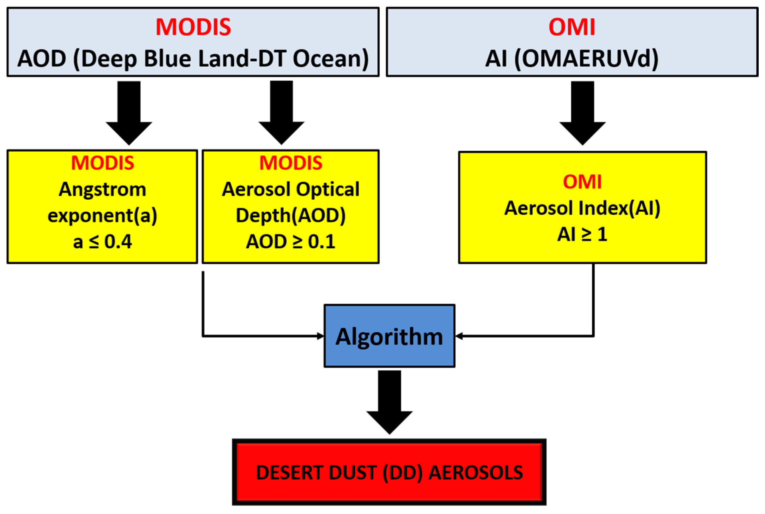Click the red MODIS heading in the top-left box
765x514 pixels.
coord(193,27)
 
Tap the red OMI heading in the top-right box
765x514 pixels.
coord(572,27)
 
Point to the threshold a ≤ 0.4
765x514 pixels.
coord(102,242)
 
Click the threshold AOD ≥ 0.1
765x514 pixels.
coord(291,242)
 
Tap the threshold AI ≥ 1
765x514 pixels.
coord(582,234)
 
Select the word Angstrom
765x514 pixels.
coord(102,190)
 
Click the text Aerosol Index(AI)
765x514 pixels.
coord(582,208)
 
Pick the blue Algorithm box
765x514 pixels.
coord(389,336)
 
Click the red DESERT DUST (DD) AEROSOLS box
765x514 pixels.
coord(389,472)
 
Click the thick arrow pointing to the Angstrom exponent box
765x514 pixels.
coord(129,113)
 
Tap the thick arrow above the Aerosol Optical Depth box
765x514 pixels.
coord(281,113)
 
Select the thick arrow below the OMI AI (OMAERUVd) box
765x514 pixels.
coord(582,113)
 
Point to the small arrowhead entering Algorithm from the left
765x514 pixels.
coord(321,336)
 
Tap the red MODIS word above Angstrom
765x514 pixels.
coord(102,163)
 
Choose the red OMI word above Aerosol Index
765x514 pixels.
coord(582,182)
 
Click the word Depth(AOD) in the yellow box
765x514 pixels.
coord(291,216)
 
